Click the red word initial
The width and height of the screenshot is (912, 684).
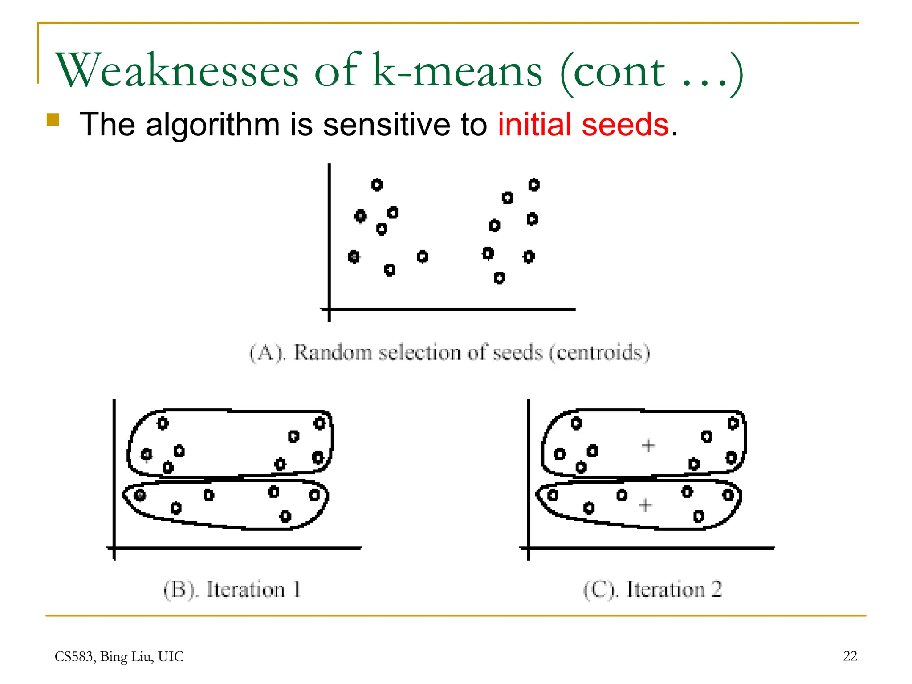pyautogui.click(x=534, y=124)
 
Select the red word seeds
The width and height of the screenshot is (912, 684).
pyautogui.click(x=625, y=124)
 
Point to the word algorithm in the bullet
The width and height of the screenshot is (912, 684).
pyautogui.click(x=212, y=124)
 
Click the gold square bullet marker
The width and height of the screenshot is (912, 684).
pyautogui.click(x=53, y=120)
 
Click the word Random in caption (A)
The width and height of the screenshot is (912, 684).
pyautogui.click(x=333, y=353)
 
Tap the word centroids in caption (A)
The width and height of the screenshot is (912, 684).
pyautogui.click(x=599, y=353)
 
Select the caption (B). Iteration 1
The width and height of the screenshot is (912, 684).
pyautogui.click(x=232, y=590)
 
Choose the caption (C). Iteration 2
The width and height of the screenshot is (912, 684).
pyautogui.click(x=652, y=590)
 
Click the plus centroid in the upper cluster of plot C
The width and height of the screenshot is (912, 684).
pyautogui.click(x=648, y=445)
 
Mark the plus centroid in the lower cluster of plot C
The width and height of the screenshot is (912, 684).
pyautogui.click(x=645, y=505)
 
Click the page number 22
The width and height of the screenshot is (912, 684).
pyautogui.click(x=850, y=656)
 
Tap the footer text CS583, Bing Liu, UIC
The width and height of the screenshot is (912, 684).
pyautogui.click(x=119, y=657)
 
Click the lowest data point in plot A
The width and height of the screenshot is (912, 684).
pyautogui.click(x=499, y=278)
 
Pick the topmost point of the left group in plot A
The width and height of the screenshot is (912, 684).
pyautogui.click(x=377, y=185)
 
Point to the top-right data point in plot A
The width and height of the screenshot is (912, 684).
pyautogui.click(x=534, y=185)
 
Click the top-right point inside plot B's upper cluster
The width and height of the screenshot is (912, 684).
pyautogui.click(x=319, y=423)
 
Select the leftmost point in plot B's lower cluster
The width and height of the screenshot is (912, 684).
pyautogui.click(x=140, y=495)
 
